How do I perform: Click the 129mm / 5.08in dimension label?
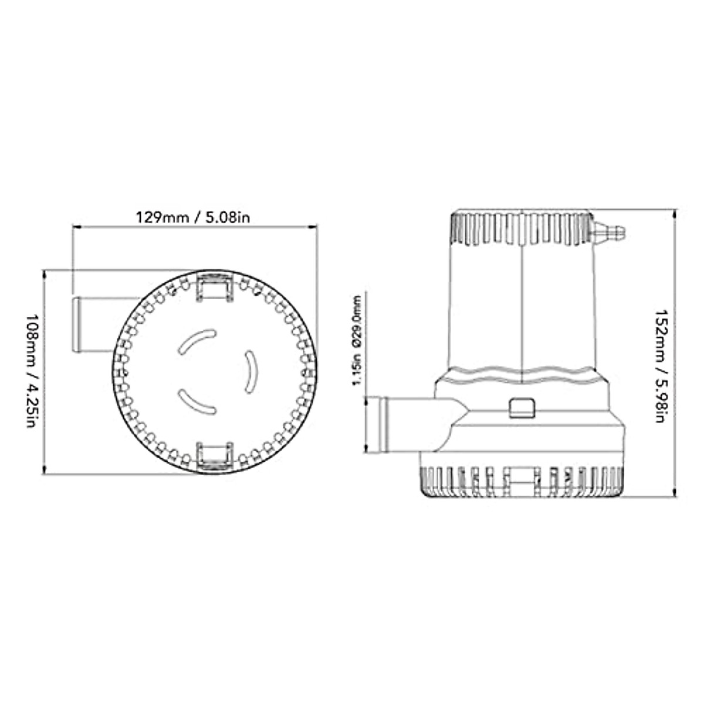click(193, 218)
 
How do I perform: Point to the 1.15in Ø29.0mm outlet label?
click(356, 340)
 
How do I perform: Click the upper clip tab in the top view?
click(215, 287)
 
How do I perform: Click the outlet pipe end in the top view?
click(77, 325)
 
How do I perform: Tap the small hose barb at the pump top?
click(608, 231)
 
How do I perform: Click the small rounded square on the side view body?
click(522, 408)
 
